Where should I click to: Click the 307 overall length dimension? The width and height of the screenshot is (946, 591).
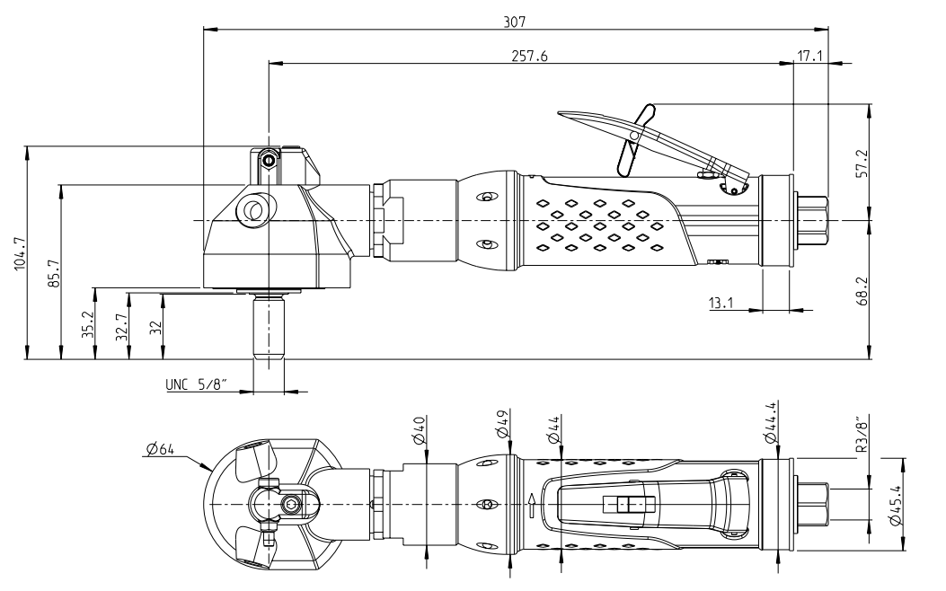click(x=515, y=19)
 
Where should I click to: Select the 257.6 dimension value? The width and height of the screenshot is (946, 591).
click(x=529, y=55)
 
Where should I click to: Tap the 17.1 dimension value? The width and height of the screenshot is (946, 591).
click(x=809, y=55)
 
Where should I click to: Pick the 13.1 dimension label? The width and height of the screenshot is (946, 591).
click(x=721, y=303)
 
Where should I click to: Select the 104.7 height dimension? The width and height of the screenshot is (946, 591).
click(x=20, y=252)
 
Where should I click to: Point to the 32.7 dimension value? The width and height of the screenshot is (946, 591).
click(x=120, y=324)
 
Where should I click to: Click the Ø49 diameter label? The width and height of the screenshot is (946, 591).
click(x=502, y=424)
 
